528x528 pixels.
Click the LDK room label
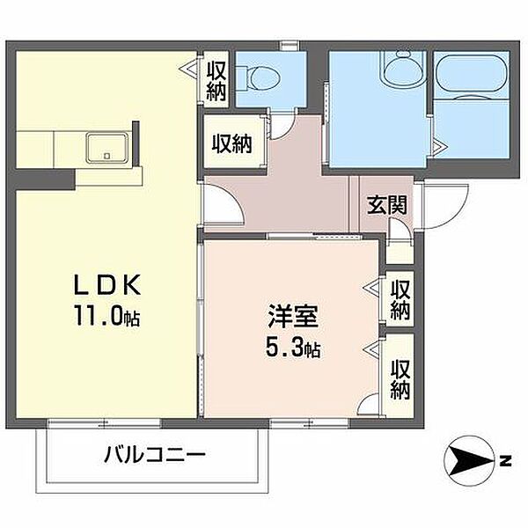(x=107, y=285)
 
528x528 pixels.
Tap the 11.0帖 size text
(x=107, y=315)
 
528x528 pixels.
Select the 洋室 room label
(x=293, y=317)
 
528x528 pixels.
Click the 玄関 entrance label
(x=387, y=205)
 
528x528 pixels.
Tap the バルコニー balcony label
(x=155, y=455)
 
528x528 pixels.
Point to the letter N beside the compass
(x=505, y=460)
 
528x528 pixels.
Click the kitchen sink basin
(x=107, y=148)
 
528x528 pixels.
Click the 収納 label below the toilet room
(x=232, y=143)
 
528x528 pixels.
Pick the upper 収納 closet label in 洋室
(x=400, y=300)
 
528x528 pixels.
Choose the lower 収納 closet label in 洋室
(x=400, y=379)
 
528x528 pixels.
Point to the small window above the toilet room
(x=290, y=46)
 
